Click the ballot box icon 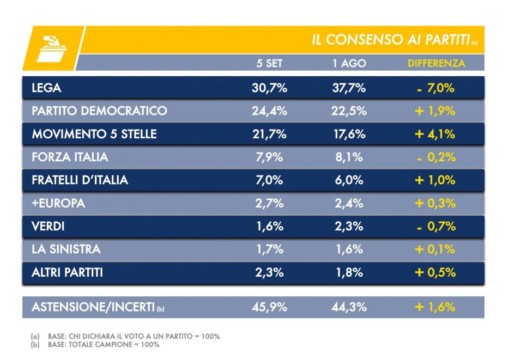pyautogui.click(x=52, y=49)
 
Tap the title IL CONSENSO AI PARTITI pyautogui.click(x=391, y=40)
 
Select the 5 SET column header pyautogui.click(x=269, y=63)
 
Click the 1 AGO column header pyautogui.click(x=349, y=63)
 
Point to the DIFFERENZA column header pyautogui.click(x=436, y=63)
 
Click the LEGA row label pyautogui.click(x=47, y=88)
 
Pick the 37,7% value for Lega pyautogui.click(x=349, y=88)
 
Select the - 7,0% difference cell pyautogui.click(x=436, y=88)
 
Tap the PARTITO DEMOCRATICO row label pyautogui.click(x=100, y=111)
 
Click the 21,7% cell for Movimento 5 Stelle pyautogui.click(x=269, y=134)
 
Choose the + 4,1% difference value pyautogui.click(x=435, y=134)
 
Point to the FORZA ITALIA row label pyautogui.click(x=70, y=157)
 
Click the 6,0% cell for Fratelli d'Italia pyautogui.click(x=349, y=180)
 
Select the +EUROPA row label pyautogui.click(x=58, y=203)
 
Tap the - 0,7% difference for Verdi pyautogui.click(x=436, y=227)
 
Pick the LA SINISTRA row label pyautogui.click(x=66, y=249)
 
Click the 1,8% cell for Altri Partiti pyautogui.click(x=349, y=272)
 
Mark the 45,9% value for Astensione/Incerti pyautogui.click(x=269, y=307)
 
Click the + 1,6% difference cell pyautogui.click(x=435, y=307)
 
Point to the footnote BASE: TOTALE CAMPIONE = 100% pyautogui.click(x=104, y=345)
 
